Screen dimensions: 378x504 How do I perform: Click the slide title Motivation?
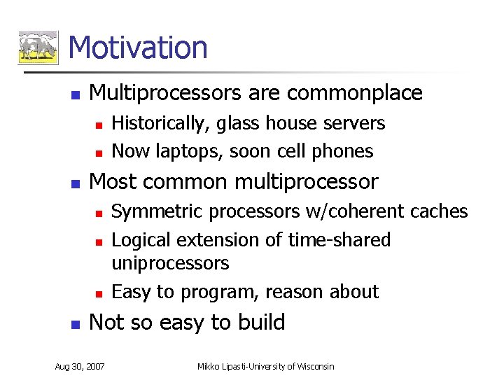[139, 48]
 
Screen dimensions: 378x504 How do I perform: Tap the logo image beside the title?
[38, 48]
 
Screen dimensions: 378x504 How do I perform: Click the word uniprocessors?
[170, 264]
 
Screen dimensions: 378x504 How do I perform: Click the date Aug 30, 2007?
[80, 367]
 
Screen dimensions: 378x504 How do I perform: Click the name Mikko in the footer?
[209, 367]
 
